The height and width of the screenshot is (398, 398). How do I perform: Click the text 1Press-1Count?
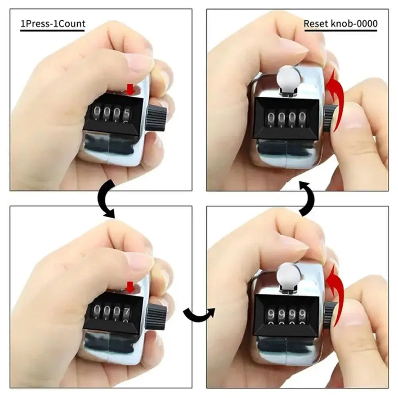[53, 23]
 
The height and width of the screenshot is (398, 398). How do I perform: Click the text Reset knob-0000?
[341, 23]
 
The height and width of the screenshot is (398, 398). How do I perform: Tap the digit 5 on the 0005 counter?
[126, 114]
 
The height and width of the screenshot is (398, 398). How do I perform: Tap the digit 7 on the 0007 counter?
[126, 311]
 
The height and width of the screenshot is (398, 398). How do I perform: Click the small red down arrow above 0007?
[130, 287]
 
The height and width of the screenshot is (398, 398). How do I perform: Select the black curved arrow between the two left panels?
[104, 199]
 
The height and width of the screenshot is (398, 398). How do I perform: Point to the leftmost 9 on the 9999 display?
[271, 315]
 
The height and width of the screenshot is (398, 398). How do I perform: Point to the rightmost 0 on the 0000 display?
[302, 118]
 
